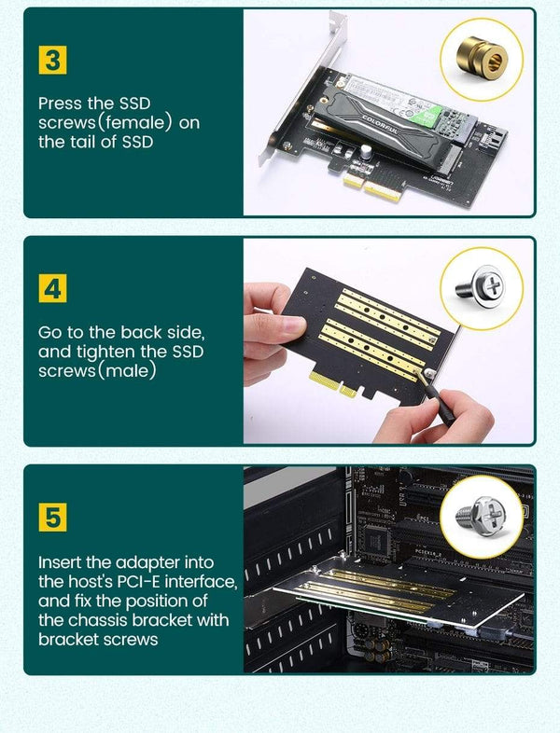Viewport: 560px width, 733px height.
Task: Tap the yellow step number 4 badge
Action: point(53,288)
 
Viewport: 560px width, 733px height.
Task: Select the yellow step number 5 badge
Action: point(53,518)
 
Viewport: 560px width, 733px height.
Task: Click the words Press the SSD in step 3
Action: point(94,103)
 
